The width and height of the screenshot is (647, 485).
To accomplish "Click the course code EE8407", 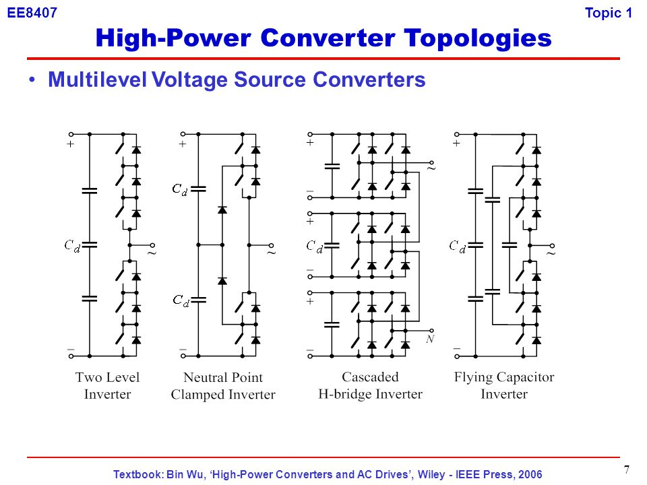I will pyautogui.click(x=32, y=13).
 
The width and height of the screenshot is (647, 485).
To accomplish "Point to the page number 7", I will pyautogui.click(x=627, y=470).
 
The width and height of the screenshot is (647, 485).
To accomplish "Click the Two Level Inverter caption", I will pyautogui.click(x=107, y=386).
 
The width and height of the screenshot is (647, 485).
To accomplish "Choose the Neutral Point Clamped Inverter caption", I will pyautogui.click(x=223, y=386).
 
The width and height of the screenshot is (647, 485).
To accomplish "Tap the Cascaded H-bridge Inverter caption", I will pyautogui.click(x=370, y=386).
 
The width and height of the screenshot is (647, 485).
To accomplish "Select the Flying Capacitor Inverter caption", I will pyautogui.click(x=503, y=386).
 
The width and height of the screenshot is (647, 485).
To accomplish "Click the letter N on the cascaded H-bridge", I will pyautogui.click(x=429, y=340).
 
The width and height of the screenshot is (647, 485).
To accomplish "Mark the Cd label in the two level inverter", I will pyautogui.click(x=72, y=246).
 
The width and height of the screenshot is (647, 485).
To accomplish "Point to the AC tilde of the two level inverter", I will pyautogui.click(x=152, y=253).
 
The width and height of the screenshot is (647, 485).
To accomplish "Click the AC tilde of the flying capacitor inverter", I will pyautogui.click(x=551, y=255).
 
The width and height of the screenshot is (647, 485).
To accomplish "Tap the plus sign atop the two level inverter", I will pyautogui.click(x=70, y=144).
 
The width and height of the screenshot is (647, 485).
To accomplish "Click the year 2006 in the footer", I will pyautogui.click(x=529, y=474).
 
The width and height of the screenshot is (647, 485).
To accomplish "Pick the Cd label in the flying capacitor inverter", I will pyautogui.click(x=458, y=246).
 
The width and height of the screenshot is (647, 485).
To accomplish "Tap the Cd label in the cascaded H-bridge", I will pyautogui.click(x=315, y=247).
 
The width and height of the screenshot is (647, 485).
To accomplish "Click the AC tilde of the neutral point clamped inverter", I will pyautogui.click(x=271, y=253).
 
